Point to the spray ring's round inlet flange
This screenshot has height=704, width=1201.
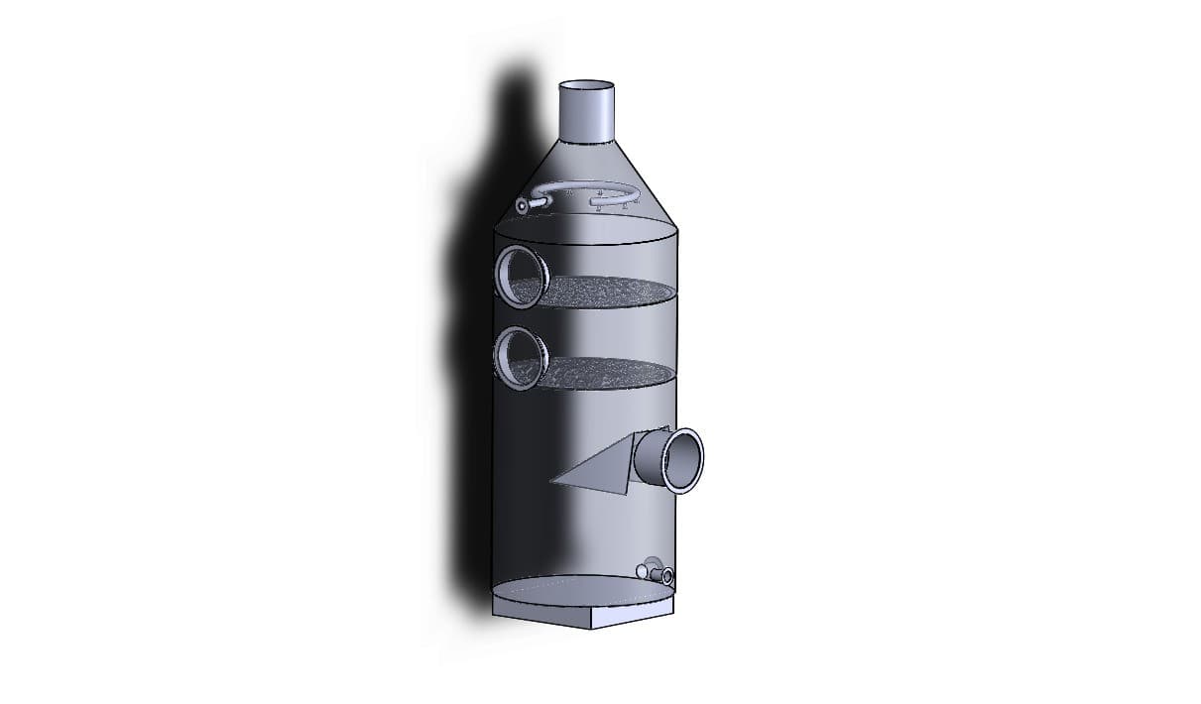(x=522, y=206)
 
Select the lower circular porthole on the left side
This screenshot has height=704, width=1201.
(x=520, y=356)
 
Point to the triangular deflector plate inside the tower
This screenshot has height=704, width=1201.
(x=600, y=471)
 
